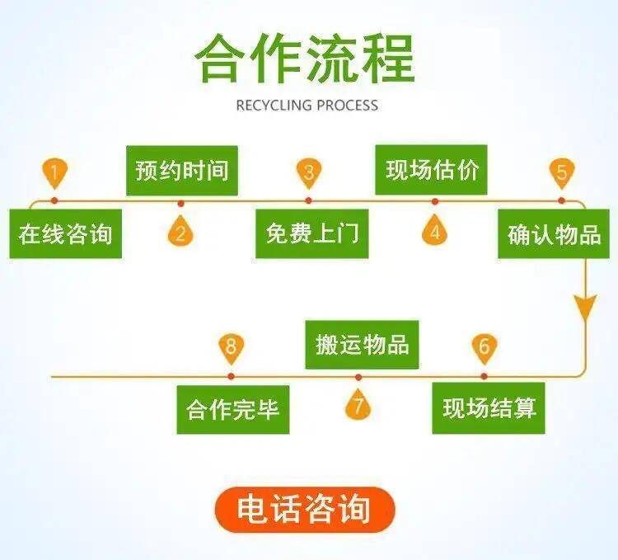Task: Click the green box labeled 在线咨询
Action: [65, 234]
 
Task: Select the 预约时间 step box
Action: [181, 171]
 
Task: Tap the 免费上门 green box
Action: [311, 234]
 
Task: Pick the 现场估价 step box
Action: [432, 171]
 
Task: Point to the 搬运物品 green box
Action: [362, 344]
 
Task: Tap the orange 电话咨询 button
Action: [305, 509]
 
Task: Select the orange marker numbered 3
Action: [309, 173]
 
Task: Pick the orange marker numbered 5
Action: [561, 173]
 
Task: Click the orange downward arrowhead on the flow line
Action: [586, 309]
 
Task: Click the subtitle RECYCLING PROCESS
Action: [307, 105]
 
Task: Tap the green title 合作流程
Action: [305, 59]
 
